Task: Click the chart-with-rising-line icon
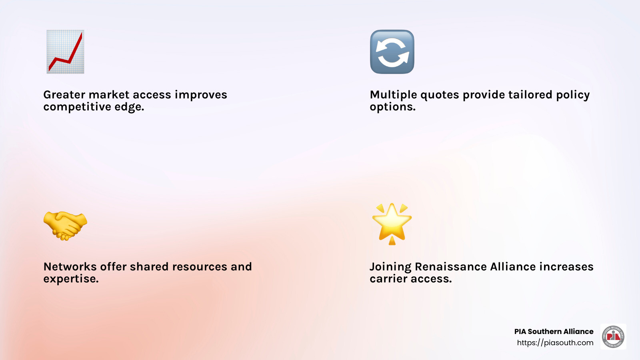[x=65, y=52]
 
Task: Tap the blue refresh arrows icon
[x=392, y=52]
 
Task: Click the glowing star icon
[x=392, y=223]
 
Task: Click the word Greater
[x=64, y=95]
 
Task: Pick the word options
[x=392, y=107]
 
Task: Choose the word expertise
[x=71, y=279]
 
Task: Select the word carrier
[x=388, y=279]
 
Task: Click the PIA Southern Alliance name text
[x=554, y=332]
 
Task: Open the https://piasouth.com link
[x=555, y=343]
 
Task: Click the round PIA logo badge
[x=613, y=337]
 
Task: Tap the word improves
[x=201, y=95]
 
